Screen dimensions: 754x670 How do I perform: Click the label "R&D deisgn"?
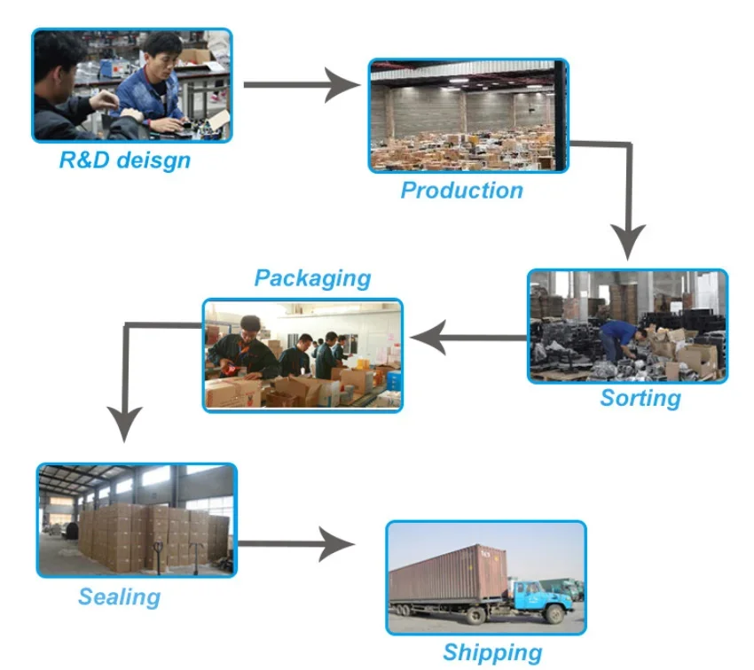click(124, 160)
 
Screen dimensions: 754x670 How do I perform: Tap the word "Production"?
click(462, 191)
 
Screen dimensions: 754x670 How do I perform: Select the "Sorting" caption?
click(640, 398)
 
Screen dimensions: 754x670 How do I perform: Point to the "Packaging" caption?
click(312, 278)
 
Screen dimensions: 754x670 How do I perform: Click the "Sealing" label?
click(119, 597)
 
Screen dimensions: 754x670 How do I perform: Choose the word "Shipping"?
click(492, 652)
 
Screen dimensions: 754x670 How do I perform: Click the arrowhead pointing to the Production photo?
click(342, 85)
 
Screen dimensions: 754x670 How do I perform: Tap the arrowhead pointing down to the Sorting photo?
click(627, 242)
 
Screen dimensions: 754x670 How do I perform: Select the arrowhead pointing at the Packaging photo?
click(428, 338)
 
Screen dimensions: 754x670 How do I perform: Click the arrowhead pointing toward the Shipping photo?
click(336, 544)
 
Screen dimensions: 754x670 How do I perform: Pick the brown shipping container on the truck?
click(448, 573)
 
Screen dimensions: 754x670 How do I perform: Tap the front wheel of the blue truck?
click(556, 614)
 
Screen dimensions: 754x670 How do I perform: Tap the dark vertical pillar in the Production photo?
click(560, 115)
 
